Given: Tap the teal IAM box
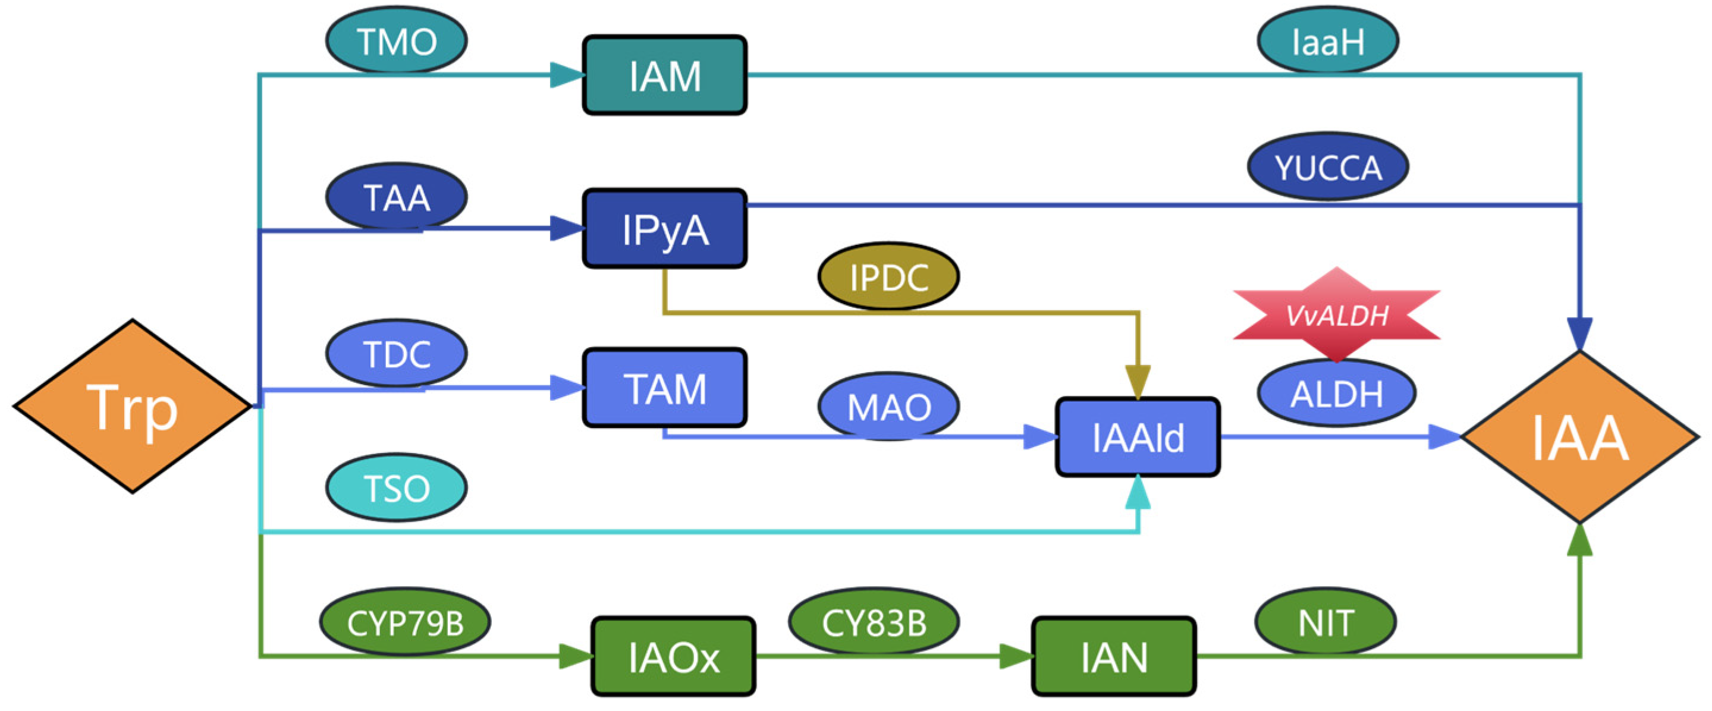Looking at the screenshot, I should [x=665, y=75].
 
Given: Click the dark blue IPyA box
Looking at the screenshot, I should [x=665, y=229].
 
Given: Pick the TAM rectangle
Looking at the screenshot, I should [x=665, y=388].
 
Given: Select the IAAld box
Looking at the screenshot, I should [x=1138, y=437].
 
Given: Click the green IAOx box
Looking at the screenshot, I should [x=673, y=656].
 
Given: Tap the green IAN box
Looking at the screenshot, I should [x=1114, y=656].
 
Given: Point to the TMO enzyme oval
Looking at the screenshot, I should [x=397, y=40].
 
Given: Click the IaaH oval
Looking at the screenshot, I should [x=1328, y=40].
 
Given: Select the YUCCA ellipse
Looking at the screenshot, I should [x=1328, y=166].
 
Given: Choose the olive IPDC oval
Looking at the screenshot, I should [x=888, y=276].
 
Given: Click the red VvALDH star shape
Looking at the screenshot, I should [x=1337, y=314].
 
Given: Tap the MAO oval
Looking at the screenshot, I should [x=888, y=406].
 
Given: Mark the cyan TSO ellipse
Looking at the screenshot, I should [x=397, y=487].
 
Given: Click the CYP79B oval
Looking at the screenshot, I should [x=405, y=622].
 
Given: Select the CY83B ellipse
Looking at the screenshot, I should [x=874, y=622].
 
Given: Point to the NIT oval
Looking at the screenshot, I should [x=1326, y=622].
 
